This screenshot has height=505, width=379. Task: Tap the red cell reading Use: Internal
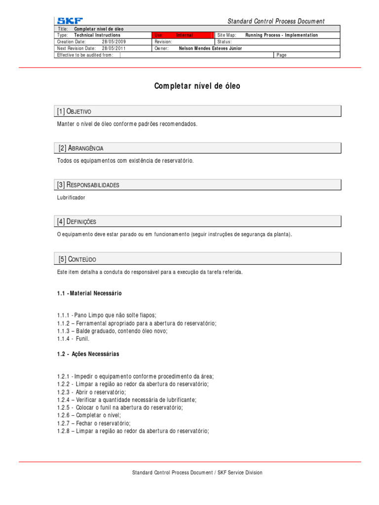pos(183,36)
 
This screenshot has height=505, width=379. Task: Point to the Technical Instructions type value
pos(97,36)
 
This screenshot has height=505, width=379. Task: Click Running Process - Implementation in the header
pos(281,36)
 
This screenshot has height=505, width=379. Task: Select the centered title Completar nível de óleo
pos(197,86)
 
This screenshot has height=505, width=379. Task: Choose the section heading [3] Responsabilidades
pos(88,185)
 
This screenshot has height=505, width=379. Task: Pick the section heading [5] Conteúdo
pos(77,259)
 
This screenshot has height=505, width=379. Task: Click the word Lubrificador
pos(71,197)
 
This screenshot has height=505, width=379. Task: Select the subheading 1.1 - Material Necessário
pos(89,293)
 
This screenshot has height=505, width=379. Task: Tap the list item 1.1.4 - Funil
pos(74,339)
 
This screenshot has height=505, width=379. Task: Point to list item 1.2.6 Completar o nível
pos(89,415)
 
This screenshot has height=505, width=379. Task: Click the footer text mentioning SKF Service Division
pos(197,472)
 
